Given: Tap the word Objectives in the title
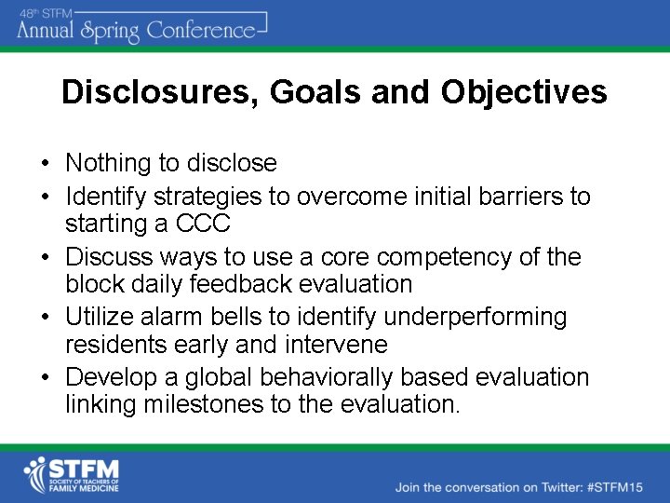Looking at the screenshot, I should pyautogui.click(x=524, y=92).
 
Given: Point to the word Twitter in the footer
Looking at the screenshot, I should pyautogui.click(x=545, y=487).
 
